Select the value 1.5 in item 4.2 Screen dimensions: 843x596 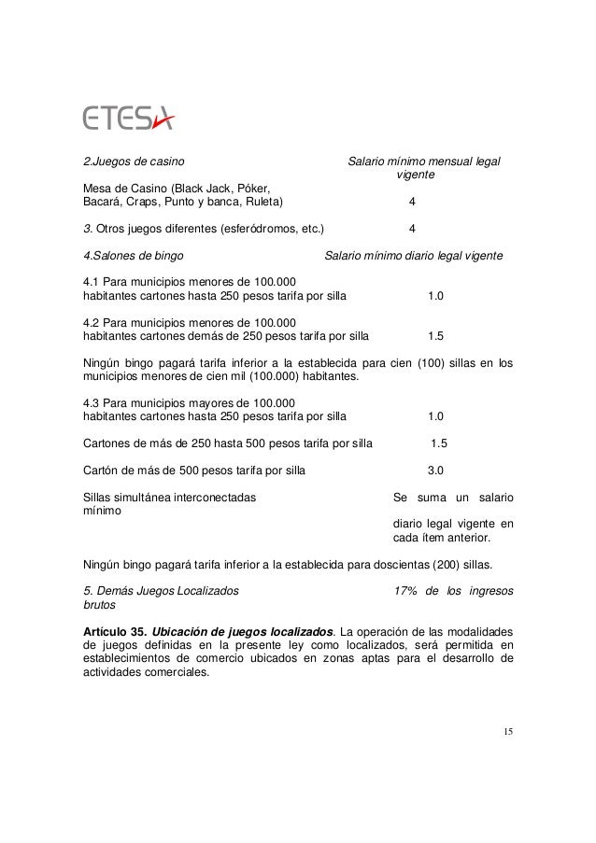[x=435, y=336]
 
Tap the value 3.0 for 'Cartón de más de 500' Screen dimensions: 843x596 [x=435, y=471]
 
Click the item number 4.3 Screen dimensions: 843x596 [x=92, y=403]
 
